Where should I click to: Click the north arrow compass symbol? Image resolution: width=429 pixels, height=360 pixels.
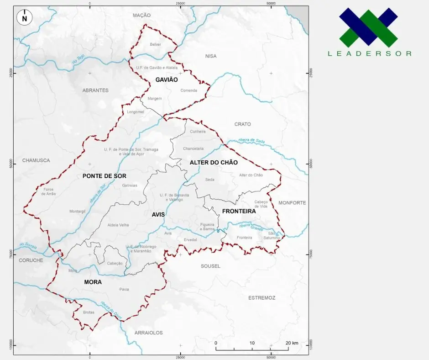click(x=24, y=18)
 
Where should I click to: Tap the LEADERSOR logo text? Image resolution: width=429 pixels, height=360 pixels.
click(x=369, y=53)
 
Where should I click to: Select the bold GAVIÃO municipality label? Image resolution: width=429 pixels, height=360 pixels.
click(x=166, y=79)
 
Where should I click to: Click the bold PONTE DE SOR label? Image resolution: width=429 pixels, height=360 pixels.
click(x=105, y=176)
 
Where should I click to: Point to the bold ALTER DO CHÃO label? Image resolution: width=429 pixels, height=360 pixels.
click(x=214, y=163)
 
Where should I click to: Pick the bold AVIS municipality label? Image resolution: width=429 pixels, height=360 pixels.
click(x=158, y=214)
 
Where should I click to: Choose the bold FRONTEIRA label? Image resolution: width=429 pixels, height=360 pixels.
click(x=239, y=211)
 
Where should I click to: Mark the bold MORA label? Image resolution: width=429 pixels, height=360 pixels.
click(x=93, y=282)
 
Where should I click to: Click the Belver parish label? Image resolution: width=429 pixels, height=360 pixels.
click(x=155, y=44)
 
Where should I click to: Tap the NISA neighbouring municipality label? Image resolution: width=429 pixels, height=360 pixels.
click(x=211, y=56)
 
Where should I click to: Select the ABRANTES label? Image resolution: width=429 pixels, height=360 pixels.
click(x=95, y=90)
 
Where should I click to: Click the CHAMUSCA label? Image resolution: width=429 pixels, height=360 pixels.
click(x=36, y=160)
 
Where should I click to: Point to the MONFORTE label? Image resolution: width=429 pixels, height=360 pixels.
click(x=292, y=202)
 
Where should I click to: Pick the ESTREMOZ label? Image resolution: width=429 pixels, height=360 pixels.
click(x=262, y=298)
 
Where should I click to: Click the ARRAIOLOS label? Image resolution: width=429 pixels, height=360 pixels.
click(x=149, y=333)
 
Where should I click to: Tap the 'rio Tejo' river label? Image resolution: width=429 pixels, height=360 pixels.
click(x=78, y=58)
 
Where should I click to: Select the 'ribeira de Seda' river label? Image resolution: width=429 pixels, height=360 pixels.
click(x=251, y=141)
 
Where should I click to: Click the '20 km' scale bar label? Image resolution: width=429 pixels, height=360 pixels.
click(x=292, y=343)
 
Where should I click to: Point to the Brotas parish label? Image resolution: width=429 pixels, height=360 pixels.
click(x=89, y=312)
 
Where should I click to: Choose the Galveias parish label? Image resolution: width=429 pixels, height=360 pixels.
click(x=130, y=185)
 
